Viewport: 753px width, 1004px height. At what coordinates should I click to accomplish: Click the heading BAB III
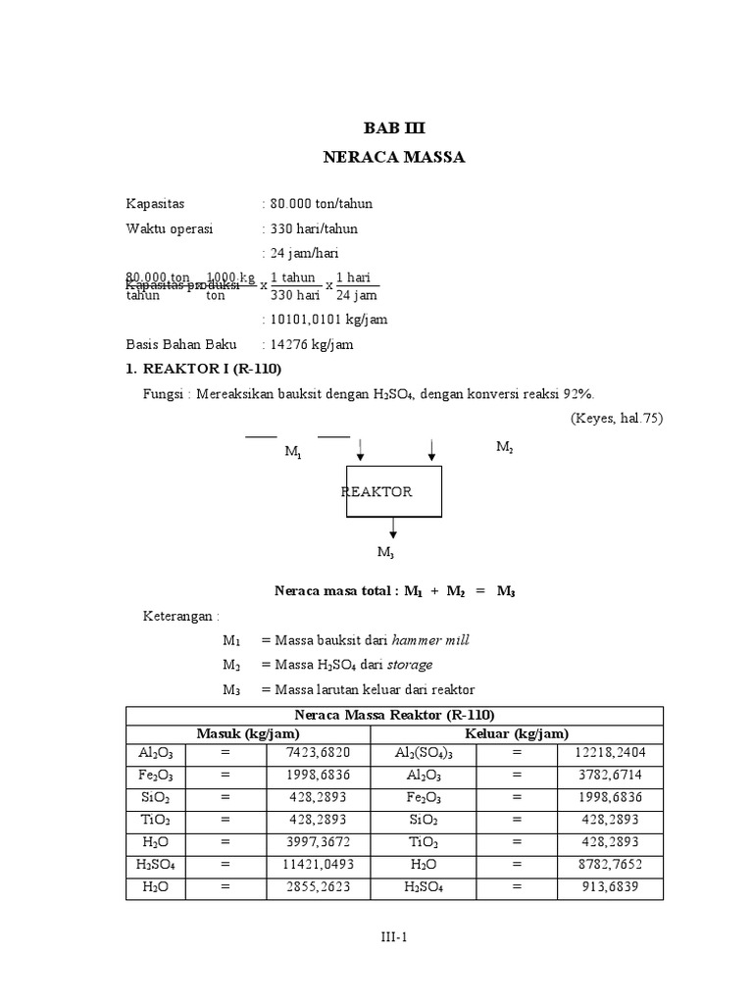395,128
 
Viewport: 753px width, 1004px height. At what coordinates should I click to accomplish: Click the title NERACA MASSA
394,157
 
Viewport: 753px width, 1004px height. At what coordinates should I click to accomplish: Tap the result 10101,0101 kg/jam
326,320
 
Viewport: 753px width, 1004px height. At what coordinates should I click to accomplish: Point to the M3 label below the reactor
385,553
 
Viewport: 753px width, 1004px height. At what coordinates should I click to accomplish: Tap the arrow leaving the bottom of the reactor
393,527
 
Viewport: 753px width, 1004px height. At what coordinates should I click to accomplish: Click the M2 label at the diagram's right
504,447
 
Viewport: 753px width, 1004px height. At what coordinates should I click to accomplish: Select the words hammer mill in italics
430,640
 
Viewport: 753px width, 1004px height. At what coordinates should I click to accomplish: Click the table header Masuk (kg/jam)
248,733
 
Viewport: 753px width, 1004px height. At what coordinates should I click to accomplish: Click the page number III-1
394,937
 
